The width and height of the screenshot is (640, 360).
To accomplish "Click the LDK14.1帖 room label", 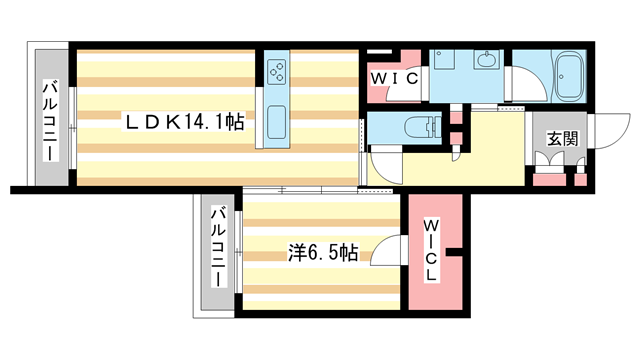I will point(185,122).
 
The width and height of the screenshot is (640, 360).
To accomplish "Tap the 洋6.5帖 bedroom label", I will point(321,251).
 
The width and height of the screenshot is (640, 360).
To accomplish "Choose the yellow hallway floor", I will point(490,150).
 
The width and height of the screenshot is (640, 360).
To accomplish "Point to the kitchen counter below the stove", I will point(277,120).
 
